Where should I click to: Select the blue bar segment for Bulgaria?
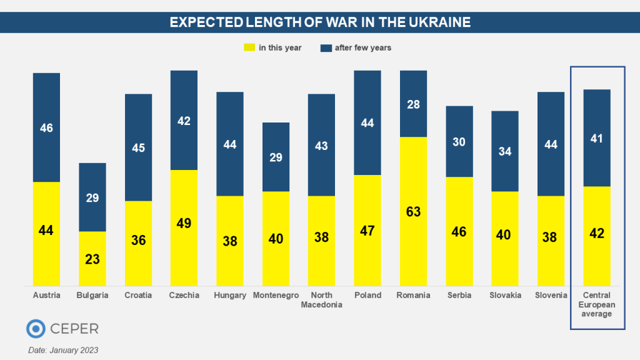tap(92, 197)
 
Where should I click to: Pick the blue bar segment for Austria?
tap(46, 127)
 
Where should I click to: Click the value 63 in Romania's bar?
tap(413, 212)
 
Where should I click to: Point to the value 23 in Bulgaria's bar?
tap(92, 259)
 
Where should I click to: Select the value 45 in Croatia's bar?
tap(138, 148)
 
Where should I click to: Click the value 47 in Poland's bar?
tap(367, 231)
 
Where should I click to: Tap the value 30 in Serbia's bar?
tap(459, 142)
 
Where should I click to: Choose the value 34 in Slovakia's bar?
tap(505, 151)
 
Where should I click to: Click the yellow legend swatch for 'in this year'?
tap(249, 47)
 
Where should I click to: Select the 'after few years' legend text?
tap(364, 47)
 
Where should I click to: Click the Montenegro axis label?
tap(276, 296)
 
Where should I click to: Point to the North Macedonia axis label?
tap(321, 300)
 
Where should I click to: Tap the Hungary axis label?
tap(230, 296)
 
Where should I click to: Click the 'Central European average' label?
tap(596, 304)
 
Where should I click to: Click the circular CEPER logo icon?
tap(36, 329)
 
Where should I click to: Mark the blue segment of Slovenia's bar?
tap(551, 144)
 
